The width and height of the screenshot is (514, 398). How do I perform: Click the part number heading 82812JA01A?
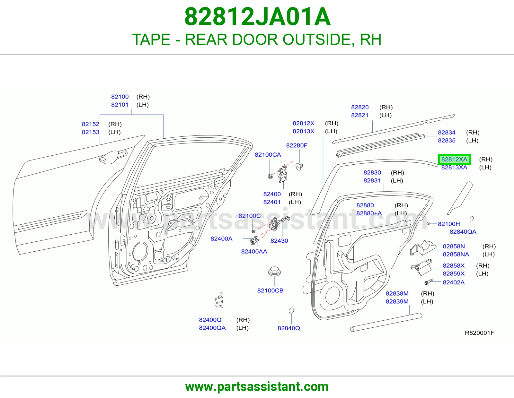tap(257, 17)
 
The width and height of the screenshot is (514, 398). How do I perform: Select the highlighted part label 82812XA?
tap(454, 159)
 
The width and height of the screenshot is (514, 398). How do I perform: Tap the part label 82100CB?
tap(270, 290)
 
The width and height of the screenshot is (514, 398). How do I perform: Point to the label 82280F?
tap(297, 145)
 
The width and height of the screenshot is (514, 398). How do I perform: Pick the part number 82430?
tap(279, 241)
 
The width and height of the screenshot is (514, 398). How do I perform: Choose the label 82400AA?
tap(254, 251)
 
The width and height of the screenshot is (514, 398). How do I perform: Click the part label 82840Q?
tap(289, 328)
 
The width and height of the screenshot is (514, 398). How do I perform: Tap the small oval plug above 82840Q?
tap(291, 310)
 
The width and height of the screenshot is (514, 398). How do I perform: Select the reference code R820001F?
tap(479, 333)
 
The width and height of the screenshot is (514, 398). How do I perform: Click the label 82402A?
tap(454, 282)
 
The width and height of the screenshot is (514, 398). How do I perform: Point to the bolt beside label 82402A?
tap(429, 282)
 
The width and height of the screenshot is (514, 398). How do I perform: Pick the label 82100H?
tap(449, 224)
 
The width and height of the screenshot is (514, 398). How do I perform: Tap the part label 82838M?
tap(397, 293)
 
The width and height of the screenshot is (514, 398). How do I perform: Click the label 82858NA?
tap(456, 254)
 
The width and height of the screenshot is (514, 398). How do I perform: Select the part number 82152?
tap(91, 124)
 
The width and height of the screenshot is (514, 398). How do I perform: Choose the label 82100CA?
tap(268, 155)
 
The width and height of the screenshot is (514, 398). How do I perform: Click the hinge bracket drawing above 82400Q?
tap(219, 300)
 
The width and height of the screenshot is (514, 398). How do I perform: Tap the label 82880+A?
tap(369, 213)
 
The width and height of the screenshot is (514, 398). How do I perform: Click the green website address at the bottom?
tap(257, 387)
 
